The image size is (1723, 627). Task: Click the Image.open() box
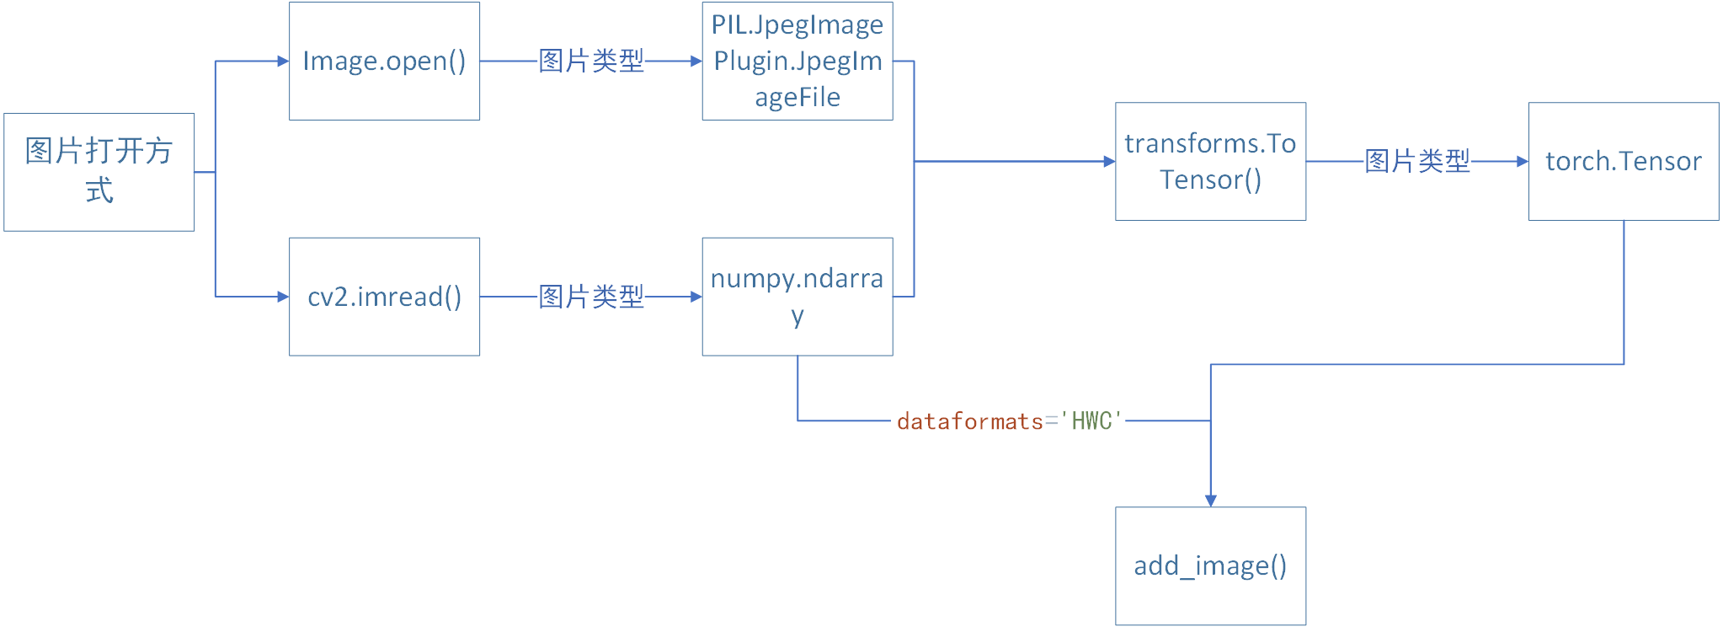coord(384,61)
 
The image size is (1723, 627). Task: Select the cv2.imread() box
coord(384,297)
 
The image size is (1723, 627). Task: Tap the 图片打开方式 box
coord(99,172)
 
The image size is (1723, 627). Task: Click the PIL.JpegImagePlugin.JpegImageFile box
coord(797,61)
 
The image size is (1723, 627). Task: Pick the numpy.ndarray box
coord(797,297)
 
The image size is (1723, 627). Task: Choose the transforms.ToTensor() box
coord(1210,161)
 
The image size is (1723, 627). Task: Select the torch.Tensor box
coord(1623,161)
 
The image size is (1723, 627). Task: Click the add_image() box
coord(1210,565)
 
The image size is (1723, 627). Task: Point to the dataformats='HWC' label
coord(1009,421)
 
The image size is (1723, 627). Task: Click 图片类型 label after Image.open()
coord(591,61)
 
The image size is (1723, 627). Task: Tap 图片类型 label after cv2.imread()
coord(591,297)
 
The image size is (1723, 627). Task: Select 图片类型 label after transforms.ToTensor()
coord(1417,161)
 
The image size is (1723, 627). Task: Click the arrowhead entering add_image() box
coord(1210,501)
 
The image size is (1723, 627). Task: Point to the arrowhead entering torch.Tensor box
coord(1522,161)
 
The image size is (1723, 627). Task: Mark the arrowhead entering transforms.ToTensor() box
coord(1109,161)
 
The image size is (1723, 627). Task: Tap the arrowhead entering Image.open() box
coord(283,61)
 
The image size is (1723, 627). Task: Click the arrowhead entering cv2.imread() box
coord(283,297)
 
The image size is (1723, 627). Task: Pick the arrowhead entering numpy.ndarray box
coord(696,297)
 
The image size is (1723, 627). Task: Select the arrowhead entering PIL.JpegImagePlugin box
coord(696,61)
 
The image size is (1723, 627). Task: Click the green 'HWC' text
coord(1092,421)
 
